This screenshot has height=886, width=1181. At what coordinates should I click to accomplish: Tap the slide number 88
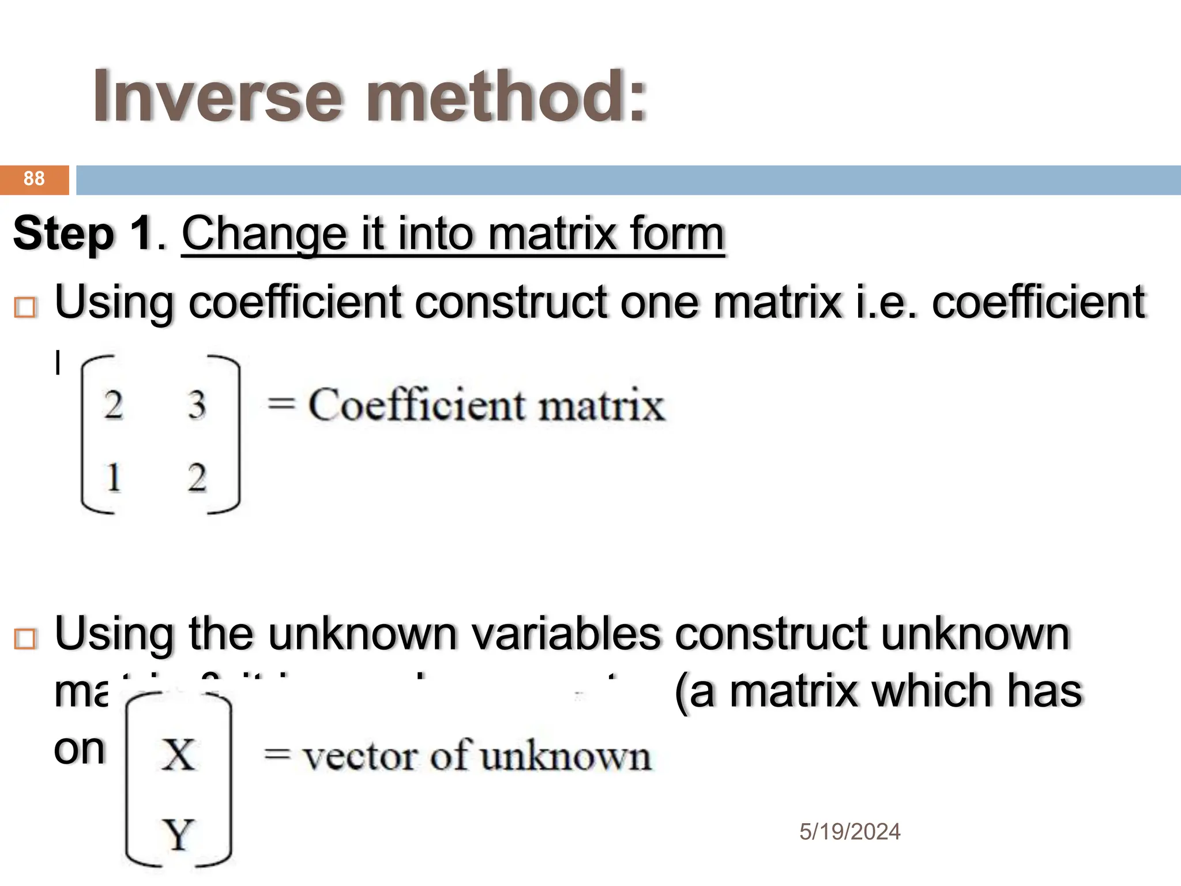coord(34,179)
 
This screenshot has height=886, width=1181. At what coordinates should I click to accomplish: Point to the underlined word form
coord(677,234)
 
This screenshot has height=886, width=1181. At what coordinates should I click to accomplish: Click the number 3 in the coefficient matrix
coord(197,405)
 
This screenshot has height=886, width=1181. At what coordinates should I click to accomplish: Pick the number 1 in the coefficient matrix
coord(113,478)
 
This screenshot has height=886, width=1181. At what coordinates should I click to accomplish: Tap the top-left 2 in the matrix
coord(113,405)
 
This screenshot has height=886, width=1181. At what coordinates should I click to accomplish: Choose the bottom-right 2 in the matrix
coord(197,478)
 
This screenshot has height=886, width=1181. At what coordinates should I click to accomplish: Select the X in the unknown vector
coord(178,754)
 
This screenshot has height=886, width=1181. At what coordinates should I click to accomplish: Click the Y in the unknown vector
coord(178,834)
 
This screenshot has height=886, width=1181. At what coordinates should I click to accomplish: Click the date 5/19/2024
coord(849,832)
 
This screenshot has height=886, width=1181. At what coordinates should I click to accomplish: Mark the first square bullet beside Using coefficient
coord(25,307)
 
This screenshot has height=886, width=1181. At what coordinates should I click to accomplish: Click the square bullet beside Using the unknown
coord(25,639)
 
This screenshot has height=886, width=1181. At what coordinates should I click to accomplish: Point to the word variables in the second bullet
coord(565,633)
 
